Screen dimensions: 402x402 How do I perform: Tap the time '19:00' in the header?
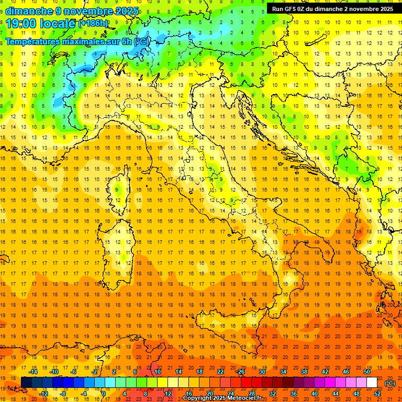21,23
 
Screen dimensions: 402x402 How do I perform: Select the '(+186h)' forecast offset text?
93,23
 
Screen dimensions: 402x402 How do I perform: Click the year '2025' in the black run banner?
384,9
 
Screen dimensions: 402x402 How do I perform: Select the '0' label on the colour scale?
103,394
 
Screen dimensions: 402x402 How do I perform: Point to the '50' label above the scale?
367,372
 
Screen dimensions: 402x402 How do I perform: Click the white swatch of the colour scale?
372,383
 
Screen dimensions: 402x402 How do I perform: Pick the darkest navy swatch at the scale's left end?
26,383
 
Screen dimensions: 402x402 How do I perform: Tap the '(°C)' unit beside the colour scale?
390,383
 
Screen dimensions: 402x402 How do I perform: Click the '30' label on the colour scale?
262,372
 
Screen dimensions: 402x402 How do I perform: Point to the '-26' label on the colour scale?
240,372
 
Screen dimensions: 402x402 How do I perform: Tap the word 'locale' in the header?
58,23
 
